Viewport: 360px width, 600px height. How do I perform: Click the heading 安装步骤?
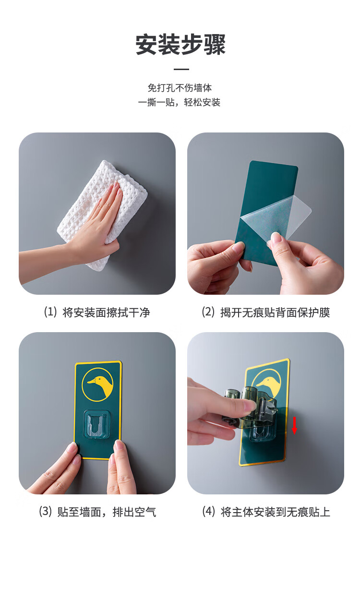click(x=180, y=45)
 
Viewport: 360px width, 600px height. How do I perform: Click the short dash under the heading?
click(x=181, y=69)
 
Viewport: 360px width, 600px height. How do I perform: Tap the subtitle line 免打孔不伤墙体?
click(x=180, y=87)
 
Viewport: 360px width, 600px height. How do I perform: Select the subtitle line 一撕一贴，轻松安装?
click(x=179, y=102)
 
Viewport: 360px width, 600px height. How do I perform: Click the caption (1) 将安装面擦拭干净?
click(x=97, y=312)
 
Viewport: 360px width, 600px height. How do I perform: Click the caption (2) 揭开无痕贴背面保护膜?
click(x=266, y=312)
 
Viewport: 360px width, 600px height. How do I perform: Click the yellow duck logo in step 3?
click(x=97, y=384)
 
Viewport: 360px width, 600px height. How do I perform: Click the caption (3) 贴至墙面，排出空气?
click(x=97, y=512)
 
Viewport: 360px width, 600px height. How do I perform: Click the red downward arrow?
click(x=294, y=425)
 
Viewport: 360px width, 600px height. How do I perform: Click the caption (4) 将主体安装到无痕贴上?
click(x=266, y=512)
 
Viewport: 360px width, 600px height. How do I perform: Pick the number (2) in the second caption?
click(x=208, y=312)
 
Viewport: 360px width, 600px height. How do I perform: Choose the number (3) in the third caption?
click(x=45, y=512)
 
